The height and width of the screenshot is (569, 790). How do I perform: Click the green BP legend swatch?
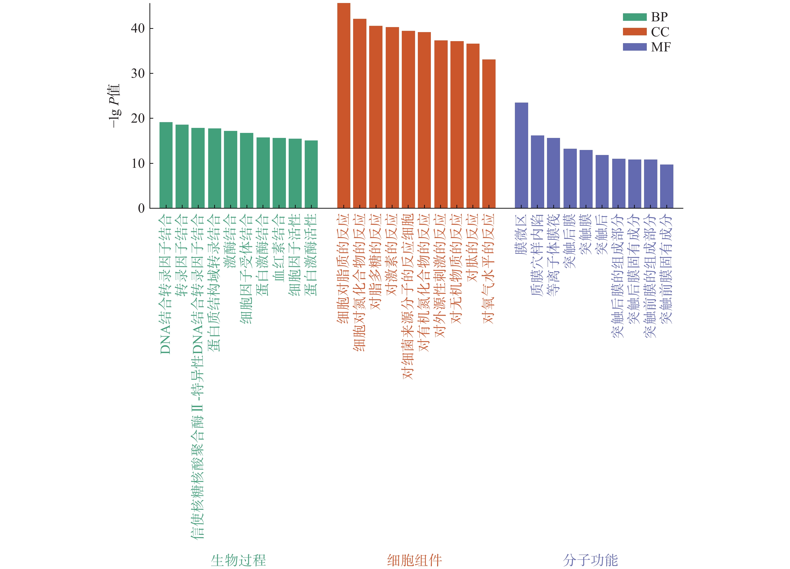634,17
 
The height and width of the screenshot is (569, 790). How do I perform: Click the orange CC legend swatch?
634,32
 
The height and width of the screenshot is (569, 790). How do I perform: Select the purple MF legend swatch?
634,47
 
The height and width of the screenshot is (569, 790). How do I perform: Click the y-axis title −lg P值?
114,106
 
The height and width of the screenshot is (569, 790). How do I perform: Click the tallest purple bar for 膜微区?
521,155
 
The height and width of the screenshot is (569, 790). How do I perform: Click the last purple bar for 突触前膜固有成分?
666,186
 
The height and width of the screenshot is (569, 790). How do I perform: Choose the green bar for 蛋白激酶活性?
311,174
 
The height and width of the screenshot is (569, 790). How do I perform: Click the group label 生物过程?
238,560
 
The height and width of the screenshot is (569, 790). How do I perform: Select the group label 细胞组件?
415,560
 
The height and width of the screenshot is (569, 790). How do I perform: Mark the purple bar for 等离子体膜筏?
553,173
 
